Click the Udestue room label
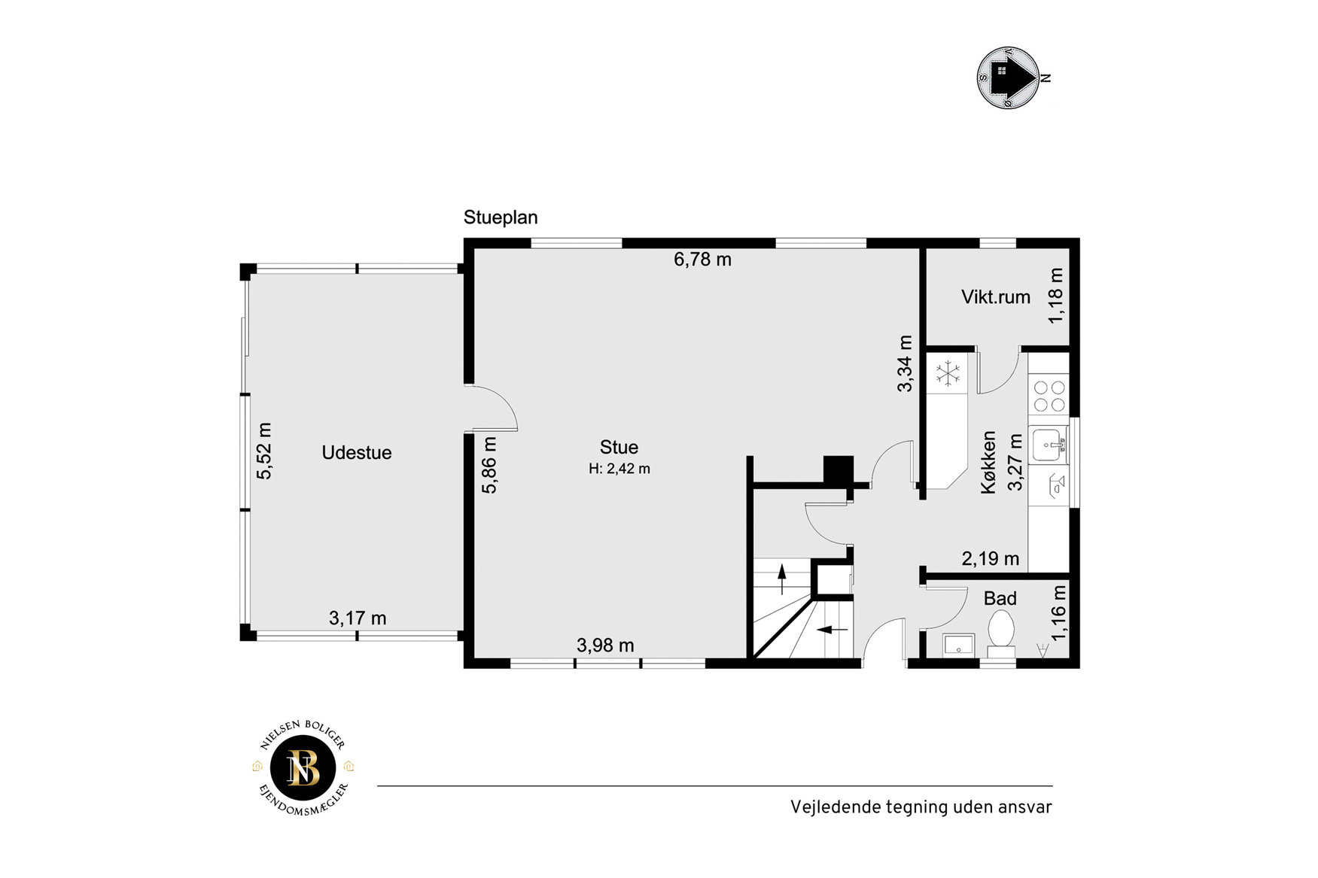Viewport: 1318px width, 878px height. [356, 453]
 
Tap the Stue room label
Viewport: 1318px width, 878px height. [619, 448]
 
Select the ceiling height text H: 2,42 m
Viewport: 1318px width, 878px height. [619, 469]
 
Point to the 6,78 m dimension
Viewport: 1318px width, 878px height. [702, 260]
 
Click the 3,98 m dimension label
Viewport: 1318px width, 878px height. [605, 646]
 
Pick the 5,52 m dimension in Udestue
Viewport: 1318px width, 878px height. [264, 451]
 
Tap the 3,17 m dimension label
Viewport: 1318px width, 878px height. [358, 618]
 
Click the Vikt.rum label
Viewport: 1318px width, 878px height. [996, 297]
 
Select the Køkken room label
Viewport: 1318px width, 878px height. [988, 462]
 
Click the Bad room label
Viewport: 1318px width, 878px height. [1000, 599]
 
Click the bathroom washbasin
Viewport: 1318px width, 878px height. [958, 645]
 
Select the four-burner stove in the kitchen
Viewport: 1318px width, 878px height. [1049, 396]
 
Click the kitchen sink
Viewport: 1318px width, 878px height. [1048, 445]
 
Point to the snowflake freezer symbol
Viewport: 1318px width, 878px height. [947, 372]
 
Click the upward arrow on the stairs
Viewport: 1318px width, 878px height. [782, 579]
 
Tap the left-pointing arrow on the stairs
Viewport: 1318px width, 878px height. [833, 629]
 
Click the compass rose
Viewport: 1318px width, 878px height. [1009, 77]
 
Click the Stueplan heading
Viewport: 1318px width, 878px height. [501, 218]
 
